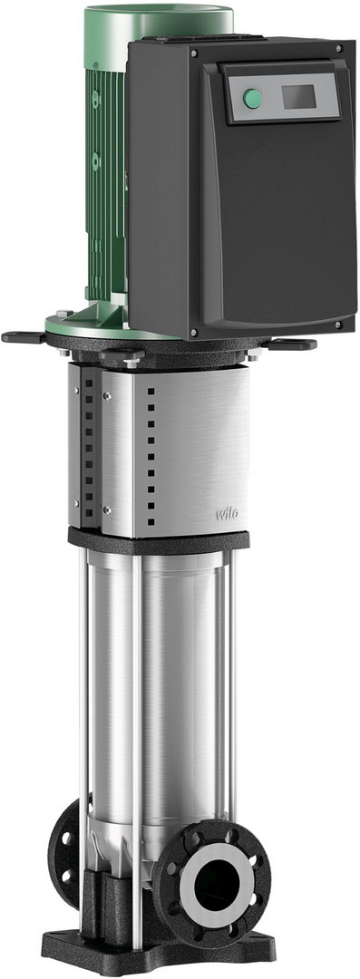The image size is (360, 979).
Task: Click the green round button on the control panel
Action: tap(252, 99)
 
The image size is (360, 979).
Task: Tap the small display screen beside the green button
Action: tap(298, 96)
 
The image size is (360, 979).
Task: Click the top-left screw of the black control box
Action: tap(194, 53)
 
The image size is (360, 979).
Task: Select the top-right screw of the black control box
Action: tap(338, 47)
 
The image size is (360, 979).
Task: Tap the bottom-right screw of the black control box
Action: tap(337, 325)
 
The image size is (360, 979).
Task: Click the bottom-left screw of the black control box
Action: tap(194, 332)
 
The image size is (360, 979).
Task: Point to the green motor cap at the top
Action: tap(159, 25)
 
